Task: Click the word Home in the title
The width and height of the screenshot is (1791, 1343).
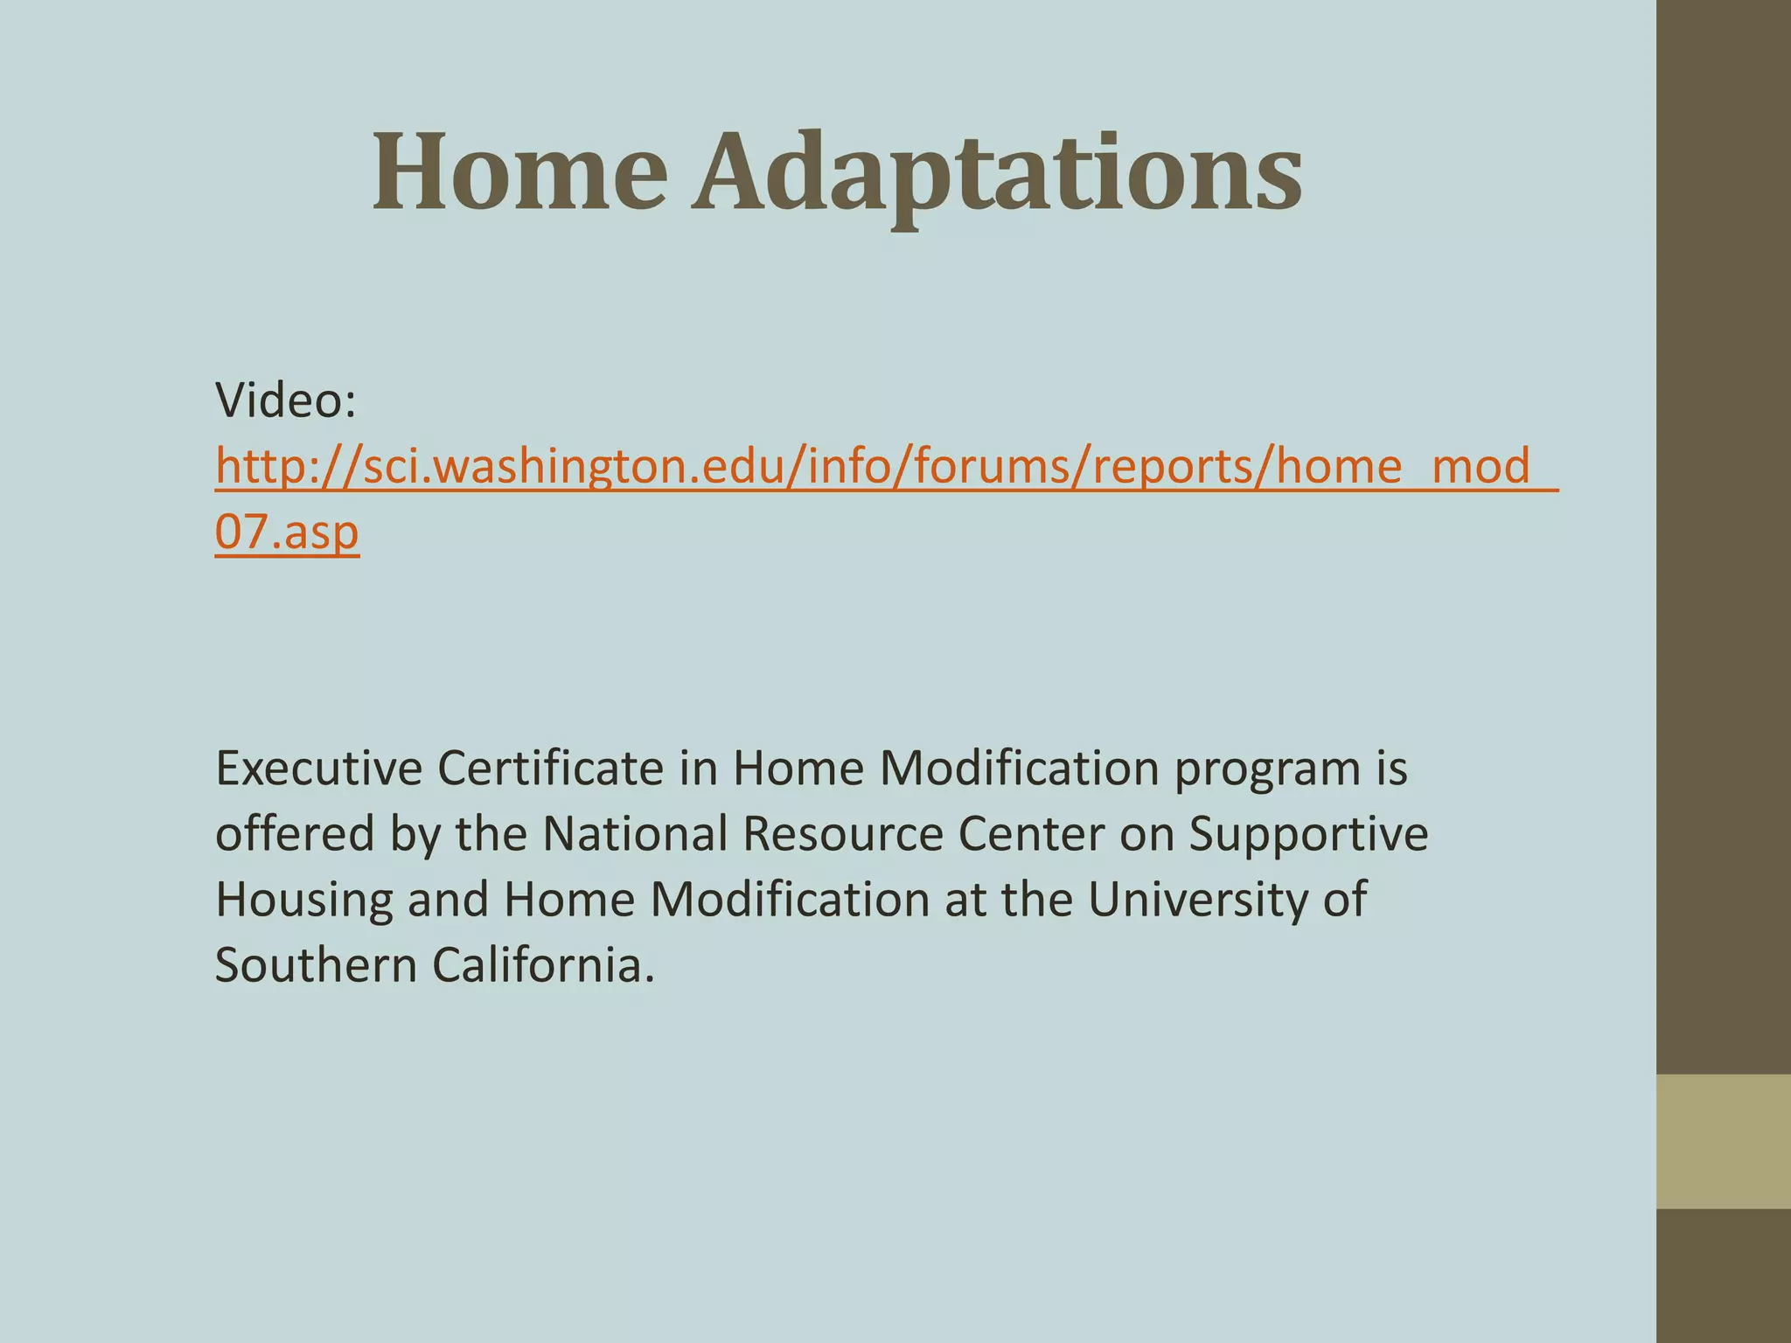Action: click(519, 172)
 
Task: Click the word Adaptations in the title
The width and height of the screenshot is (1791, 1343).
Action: click(997, 172)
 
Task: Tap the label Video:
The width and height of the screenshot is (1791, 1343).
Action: click(285, 400)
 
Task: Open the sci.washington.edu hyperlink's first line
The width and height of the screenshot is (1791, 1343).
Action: click(883, 466)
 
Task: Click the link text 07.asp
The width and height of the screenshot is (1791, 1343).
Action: click(287, 532)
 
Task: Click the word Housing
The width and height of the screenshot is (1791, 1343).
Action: click(303, 901)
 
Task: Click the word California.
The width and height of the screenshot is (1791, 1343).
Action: click(543, 965)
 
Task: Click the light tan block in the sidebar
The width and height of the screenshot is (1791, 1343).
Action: click(1723, 1141)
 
